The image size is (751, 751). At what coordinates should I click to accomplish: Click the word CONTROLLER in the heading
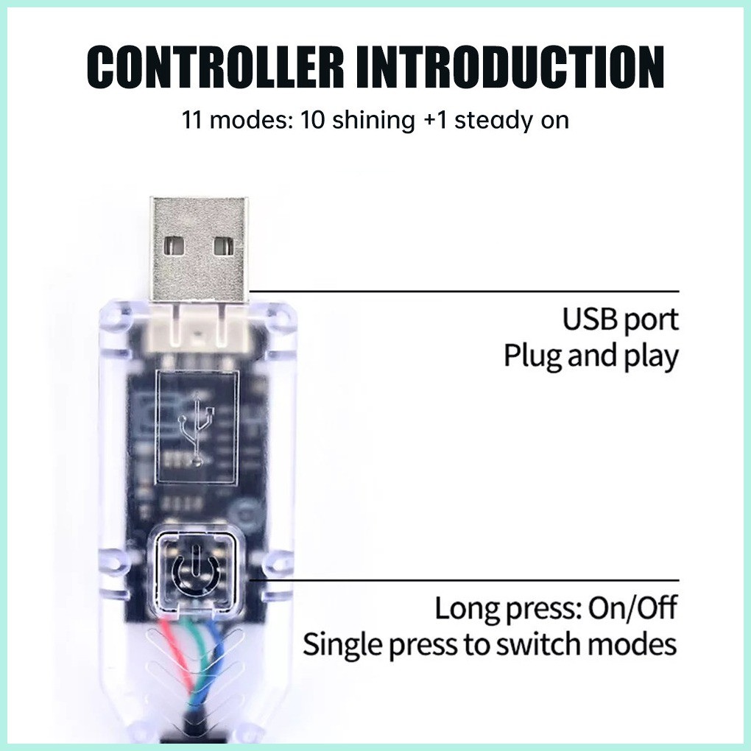point(216,66)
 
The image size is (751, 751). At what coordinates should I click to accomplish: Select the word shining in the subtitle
point(373,120)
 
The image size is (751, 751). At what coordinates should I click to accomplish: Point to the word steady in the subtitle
point(494,121)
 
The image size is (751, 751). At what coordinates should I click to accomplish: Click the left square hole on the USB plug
point(174,246)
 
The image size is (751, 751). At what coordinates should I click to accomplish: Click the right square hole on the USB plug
point(224,246)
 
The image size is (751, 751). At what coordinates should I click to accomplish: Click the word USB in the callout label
point(590,320)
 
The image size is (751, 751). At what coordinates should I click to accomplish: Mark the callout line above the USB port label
point(464,291)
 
